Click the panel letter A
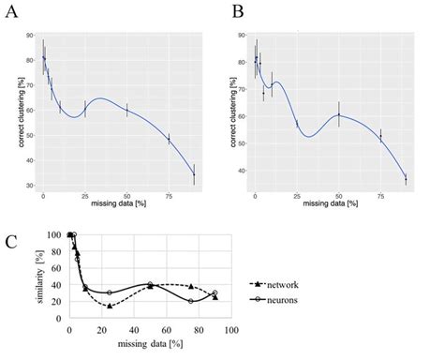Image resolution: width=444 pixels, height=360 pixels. click(x=12, y=11)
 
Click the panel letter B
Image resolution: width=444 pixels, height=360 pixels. click(x=238, y=11)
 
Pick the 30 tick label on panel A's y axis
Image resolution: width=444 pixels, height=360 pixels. click(x=30, y=186)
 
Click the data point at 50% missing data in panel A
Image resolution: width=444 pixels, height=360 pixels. click(x=126, y=110)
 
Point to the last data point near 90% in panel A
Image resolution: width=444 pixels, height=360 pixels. click(x=194, y=174)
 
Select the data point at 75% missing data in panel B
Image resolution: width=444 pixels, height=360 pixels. click(x=380, y=137)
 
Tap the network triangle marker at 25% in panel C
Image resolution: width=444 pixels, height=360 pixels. click(x=110, y=306)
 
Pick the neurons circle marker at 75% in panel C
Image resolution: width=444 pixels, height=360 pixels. click(x=191, y=301)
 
